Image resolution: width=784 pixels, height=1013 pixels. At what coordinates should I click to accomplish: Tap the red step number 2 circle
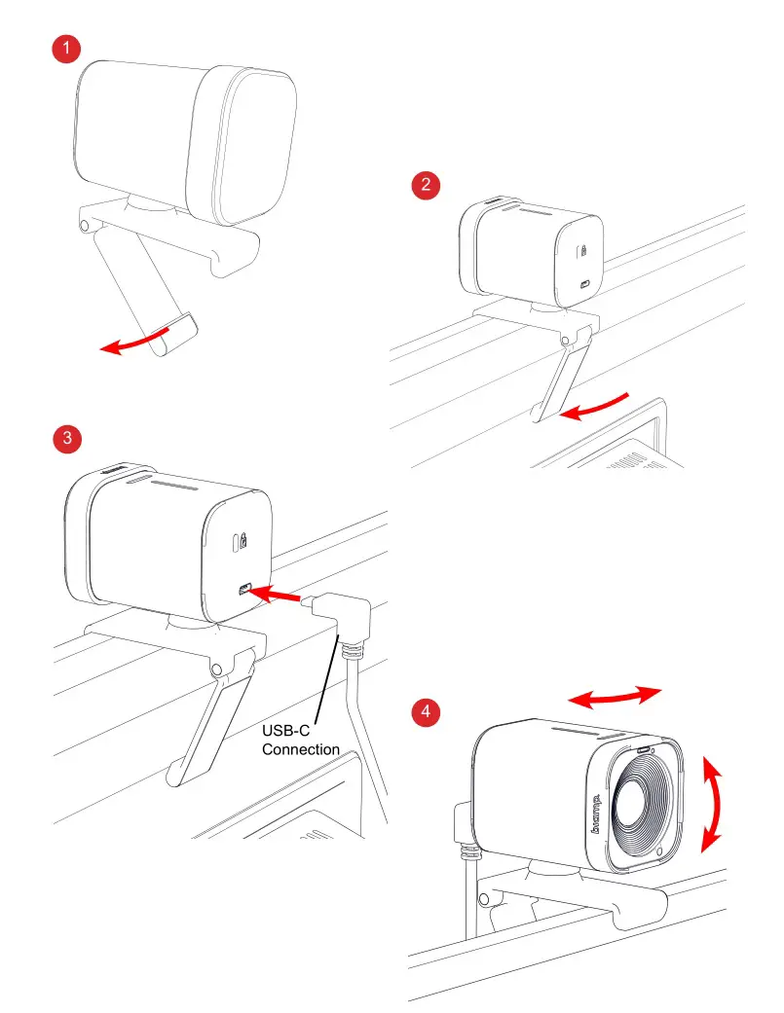[425, 185]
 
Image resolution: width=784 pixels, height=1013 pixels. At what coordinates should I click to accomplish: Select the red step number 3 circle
[66, 438]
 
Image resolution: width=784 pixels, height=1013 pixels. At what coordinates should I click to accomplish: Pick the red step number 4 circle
[425, 712]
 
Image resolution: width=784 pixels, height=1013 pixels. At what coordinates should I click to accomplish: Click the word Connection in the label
[301, 749]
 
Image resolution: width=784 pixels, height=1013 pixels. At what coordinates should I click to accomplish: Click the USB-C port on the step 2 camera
[583, 286]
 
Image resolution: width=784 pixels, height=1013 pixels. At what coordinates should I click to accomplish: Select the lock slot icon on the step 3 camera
[240, 542]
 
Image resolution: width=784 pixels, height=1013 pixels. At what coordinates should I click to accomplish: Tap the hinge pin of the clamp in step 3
[217, 668]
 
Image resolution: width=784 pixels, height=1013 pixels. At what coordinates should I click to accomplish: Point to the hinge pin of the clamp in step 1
[85, 225]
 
